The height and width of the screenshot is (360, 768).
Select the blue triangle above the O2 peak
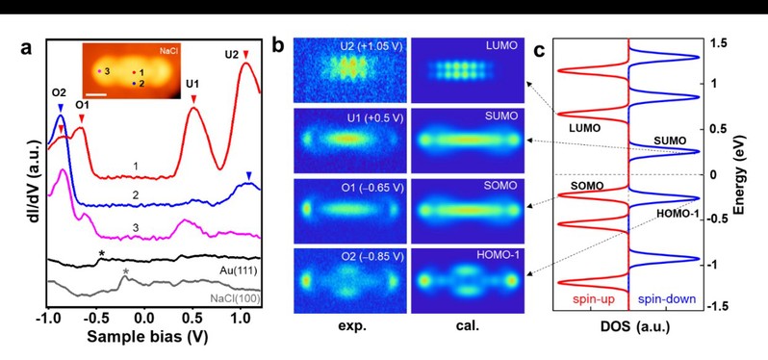click(61, 107)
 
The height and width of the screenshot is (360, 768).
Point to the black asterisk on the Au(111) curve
click(101, 254)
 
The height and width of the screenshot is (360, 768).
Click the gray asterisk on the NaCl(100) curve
click(126, 271)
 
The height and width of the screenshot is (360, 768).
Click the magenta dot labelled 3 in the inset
click(99, 71)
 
